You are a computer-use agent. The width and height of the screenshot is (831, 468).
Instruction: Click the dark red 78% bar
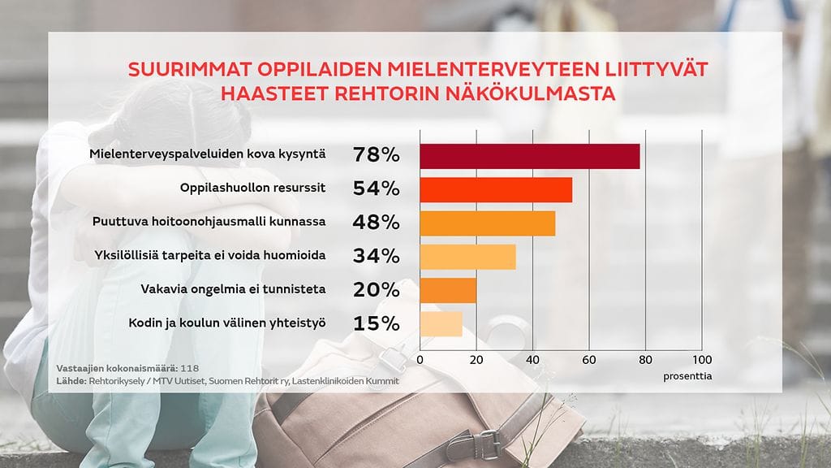click(529, 156)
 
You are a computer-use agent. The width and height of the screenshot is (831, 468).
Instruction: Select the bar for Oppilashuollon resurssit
click(496, 189)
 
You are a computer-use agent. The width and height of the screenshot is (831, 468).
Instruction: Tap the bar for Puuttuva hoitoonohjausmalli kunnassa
click(487, 223)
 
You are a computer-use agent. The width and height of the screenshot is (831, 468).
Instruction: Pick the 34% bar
click(467, 256)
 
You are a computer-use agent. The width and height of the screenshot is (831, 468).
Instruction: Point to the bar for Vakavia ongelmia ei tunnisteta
click(448, 290)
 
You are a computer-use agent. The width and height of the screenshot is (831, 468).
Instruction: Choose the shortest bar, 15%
click(441, 323)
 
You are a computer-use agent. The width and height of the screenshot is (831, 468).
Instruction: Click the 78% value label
click(377, 154)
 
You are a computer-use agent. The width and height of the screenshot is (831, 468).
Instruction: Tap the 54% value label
click(377, 188)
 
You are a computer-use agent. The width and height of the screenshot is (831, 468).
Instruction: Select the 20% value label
click(377, 289)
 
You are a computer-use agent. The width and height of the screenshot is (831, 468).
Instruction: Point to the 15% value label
click(377, 323)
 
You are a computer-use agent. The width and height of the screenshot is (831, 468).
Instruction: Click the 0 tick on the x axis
click(420, 359)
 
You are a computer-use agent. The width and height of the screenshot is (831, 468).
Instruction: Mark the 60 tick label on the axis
click(589, 359)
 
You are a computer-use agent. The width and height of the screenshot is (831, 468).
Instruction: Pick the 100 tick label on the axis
click(702, 359)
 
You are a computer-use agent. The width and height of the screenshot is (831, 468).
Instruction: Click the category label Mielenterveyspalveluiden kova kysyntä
click(206, 154)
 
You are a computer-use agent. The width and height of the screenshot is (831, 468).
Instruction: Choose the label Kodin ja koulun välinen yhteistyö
click(227, 323)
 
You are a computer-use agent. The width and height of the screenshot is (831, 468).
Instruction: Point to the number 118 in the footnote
click(190, 367)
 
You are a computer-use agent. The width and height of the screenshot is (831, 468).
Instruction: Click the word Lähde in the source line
click(70, 380)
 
